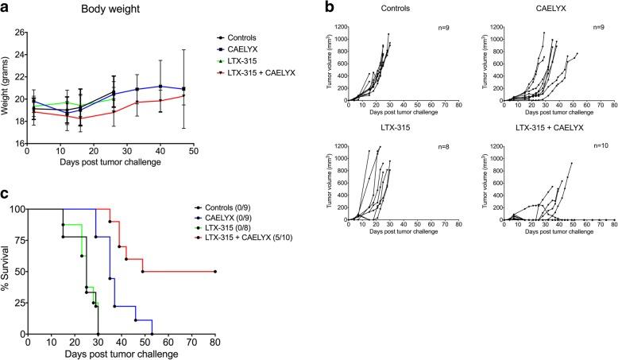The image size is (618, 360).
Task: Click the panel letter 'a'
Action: (6, 8)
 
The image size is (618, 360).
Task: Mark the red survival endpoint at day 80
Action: (215, 272)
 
